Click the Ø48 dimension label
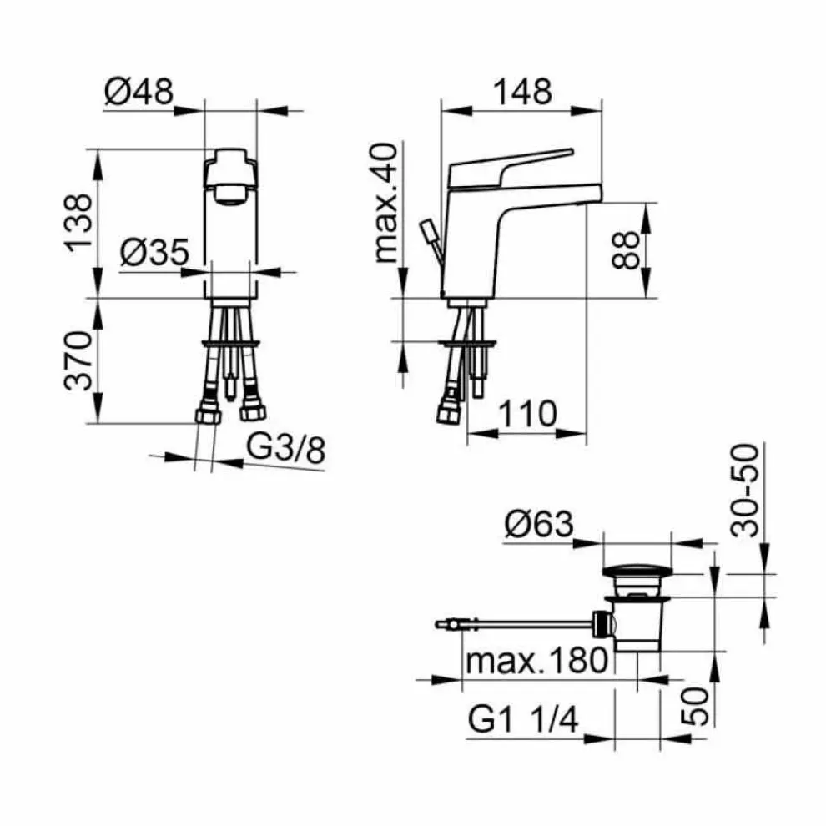pos(139,92)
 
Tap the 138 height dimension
pos(78,224)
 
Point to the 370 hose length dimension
pos(78,360)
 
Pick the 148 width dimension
pos(522,92)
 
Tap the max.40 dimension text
pos(386,203)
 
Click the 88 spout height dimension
pos(627,250)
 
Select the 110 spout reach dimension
pos(527,414)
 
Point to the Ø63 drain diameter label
pos(539,524)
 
